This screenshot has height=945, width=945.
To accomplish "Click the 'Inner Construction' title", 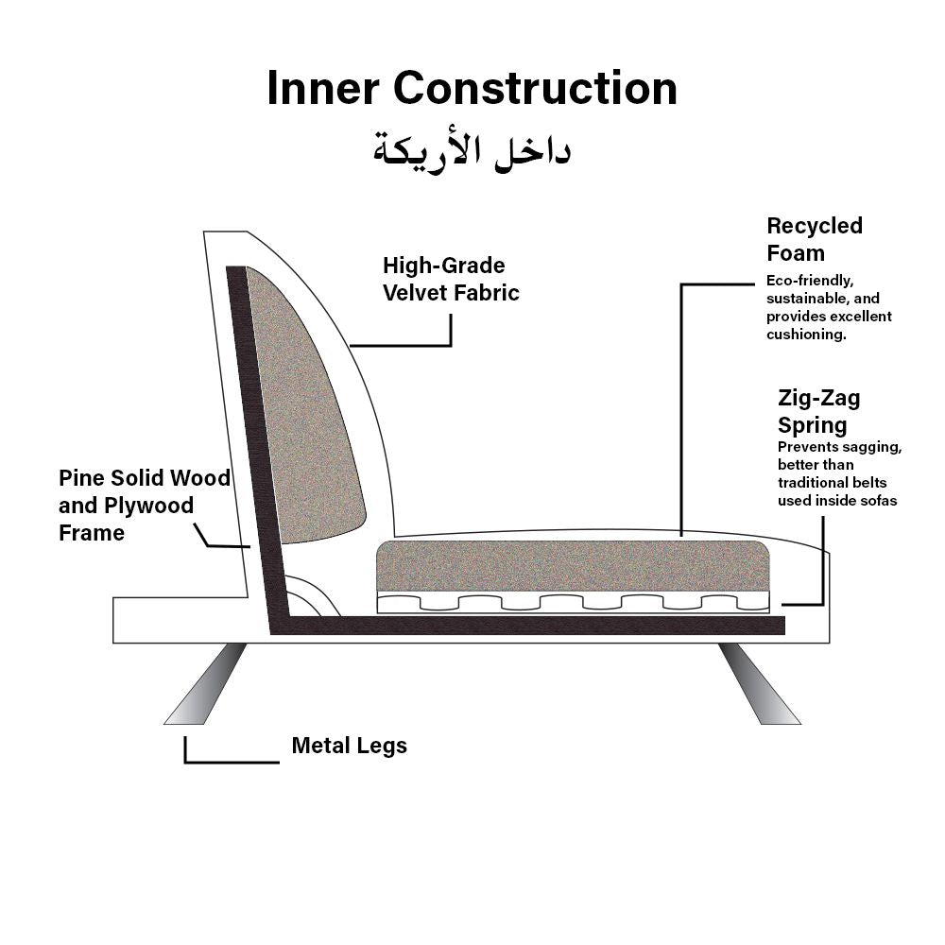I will tap(472, 88).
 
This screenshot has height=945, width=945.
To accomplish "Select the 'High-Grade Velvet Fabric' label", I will tap(451, 279).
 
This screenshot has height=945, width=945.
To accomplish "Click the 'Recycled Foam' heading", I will tap(814, 239).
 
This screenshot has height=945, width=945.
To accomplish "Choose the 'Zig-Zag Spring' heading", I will tap(818, 410).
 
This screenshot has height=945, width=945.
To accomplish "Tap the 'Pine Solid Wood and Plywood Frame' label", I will tap(144, 505).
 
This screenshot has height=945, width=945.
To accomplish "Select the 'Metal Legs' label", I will tap(349, 746).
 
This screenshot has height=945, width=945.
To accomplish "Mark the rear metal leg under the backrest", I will tap(206, 683).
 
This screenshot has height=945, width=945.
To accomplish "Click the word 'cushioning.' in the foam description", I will tap(806, 335).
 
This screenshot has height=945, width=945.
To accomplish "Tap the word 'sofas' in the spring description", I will tap(877, 500).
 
